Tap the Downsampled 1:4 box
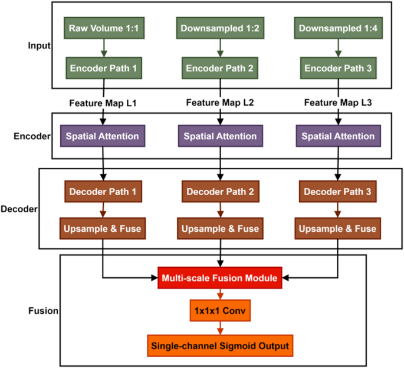point(337,28)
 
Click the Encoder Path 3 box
point(337,68)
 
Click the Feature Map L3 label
point(337,103)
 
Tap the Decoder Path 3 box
point(337,191)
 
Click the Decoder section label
point(19,209)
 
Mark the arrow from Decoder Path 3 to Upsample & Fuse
point(337,209)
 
